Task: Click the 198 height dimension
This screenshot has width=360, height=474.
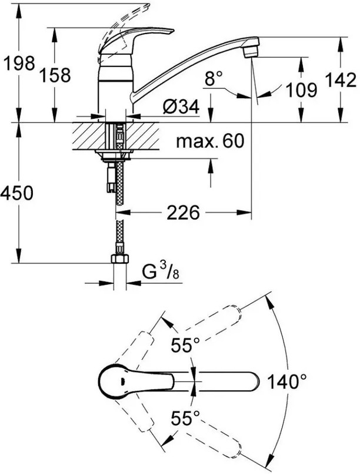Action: [x=19, y=63]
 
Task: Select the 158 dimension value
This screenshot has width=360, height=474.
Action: [x=55, y=75]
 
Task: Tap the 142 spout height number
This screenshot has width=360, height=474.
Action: [x=341, y=80]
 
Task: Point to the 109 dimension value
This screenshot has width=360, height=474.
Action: [x=301, y=90]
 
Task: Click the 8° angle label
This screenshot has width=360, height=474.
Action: [x=214, y=78]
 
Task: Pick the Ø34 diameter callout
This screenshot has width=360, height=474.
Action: [x=181, y=107]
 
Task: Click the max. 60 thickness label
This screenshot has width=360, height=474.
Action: [x=210, y=141]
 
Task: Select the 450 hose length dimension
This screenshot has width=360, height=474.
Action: [x=16, y=193]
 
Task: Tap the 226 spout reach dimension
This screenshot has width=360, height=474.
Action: [x=184, y=213]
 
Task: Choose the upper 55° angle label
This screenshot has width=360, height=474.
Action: [x=185, y=345]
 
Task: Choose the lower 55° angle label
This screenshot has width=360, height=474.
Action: [x=185, y=419]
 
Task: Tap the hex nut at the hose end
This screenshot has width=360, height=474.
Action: [x=120, y=258]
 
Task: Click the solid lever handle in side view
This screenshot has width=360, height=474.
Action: [x=136, y=39]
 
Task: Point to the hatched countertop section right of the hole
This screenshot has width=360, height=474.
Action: [x=142, y=136]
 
